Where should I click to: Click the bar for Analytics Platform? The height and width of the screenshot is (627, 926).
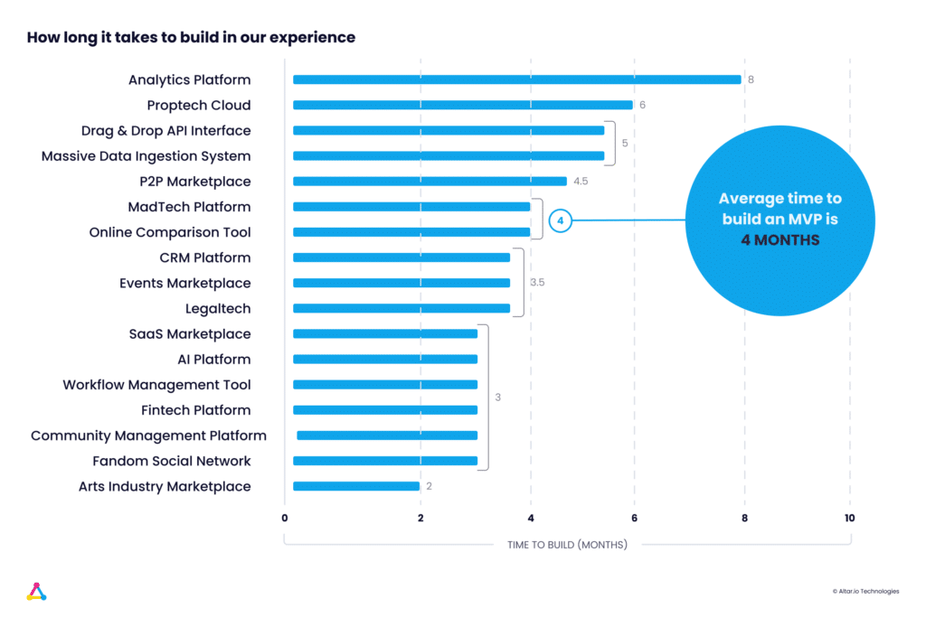pos(516,80)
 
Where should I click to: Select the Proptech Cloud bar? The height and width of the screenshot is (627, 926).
pos(462,105)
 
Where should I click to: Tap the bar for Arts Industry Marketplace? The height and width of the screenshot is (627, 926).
pos(356,486)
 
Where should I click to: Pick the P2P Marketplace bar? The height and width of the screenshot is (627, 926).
pos(430,181)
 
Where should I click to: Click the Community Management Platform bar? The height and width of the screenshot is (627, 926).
pos(387,435)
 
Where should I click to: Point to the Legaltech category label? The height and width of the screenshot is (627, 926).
pos(218,308)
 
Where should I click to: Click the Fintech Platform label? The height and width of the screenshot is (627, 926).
pos(196,410)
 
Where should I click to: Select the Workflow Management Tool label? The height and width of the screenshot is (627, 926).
pos(156,385)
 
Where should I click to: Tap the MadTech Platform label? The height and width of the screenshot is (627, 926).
pos(189,207)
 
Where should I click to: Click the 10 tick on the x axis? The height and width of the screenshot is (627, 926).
pos(849,518)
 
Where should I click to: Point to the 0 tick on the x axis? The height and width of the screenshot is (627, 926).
pos(285,518)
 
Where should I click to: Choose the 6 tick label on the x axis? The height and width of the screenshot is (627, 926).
pos(634,518)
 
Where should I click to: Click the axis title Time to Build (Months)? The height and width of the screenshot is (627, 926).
pos(567,545)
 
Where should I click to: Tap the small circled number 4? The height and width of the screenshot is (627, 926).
pos(560,220)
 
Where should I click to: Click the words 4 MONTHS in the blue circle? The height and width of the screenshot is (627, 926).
pos(780,240)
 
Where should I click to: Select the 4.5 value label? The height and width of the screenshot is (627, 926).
pos(581,181)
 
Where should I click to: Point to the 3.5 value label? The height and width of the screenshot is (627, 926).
pos(537,283)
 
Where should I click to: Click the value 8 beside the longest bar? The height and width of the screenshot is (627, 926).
pos(751,80)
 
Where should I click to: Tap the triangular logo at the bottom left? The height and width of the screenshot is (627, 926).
pos(36,592)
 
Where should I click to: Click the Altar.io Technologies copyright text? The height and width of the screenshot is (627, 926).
pos(865,591)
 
